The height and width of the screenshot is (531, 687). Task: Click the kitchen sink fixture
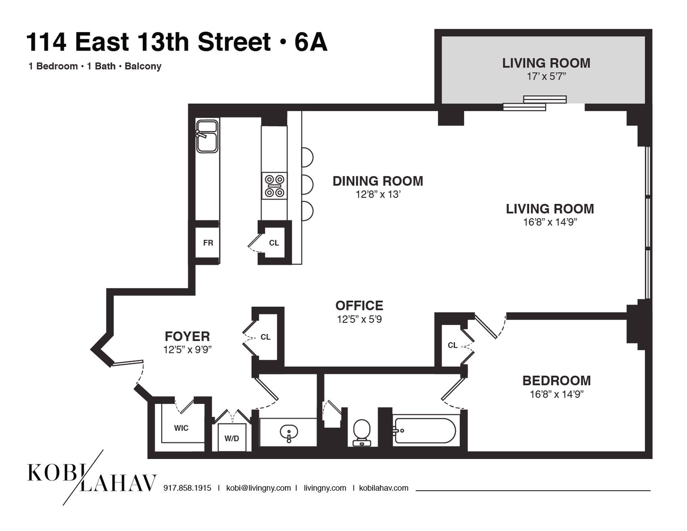pyautogui.click(x=207, y=136)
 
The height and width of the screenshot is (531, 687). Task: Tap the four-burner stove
pyautogui.click(x=274, y=186)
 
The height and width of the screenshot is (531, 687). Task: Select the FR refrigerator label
pyautogui.click(x=208, y=243)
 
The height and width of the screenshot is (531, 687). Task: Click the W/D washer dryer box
pyautogui.click(x=232, y=438)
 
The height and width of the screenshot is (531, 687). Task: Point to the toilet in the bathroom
pyautogui.click(x=361, y=432)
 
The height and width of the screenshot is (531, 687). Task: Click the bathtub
pyautogui.click(x=424, y=430)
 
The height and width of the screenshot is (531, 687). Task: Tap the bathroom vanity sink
pyautogui.click(x=288, y=433)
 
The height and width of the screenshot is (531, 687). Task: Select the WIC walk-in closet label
pyautogui.click(x=181, y=428)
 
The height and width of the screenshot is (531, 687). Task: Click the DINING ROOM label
pyautogui.click(x=377, y=181)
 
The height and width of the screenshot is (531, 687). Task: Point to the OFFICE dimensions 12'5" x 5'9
pyautogui.click(x=359, y=319)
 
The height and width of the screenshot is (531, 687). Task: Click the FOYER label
pyautogui.click(x=187, y=336)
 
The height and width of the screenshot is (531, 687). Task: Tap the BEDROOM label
pyautogui.click(x=556, y=381)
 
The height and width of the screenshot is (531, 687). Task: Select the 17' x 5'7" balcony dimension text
pyautogui.click(x=546, y=76)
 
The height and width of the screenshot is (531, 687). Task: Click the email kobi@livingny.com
pyautogui.click(x=258, y=488)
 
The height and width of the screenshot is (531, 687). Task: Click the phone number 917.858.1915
pyautogui.click(x=187, y=488)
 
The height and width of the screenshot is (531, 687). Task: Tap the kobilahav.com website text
pyautogui.click(x=383, y=488)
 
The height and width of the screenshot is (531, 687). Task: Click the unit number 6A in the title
pyautogui.click(x=311, y=42)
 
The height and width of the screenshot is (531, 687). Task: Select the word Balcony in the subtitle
pyautogui.click(x=143, y=66)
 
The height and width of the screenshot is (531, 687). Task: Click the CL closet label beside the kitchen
pyautogui.click(x=274, y=243)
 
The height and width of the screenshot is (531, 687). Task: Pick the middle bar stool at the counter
pyautogui.click(x=307, y=184)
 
